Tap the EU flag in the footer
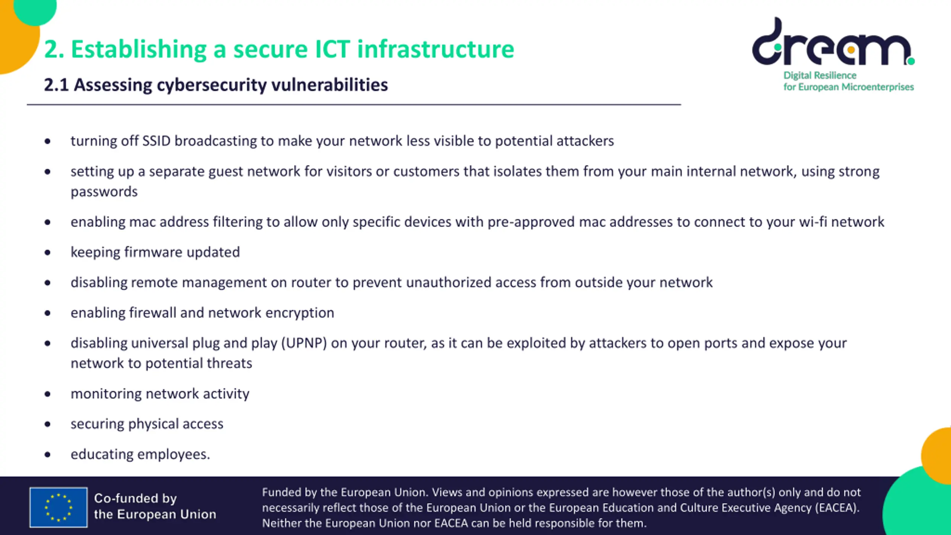coord(59,507)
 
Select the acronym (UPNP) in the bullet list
coord(304,343)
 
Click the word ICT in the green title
coord(332,49)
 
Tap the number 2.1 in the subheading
coord(56,85)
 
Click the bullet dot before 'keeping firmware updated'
coord(48,253)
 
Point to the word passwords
coord(104,192)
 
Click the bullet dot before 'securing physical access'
coord(48,424)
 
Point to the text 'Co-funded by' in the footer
coord(135,498)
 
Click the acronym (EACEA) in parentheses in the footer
coord(837,508)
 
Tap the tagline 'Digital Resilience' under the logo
coord(819,75)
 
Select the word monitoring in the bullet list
coord(106,394)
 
